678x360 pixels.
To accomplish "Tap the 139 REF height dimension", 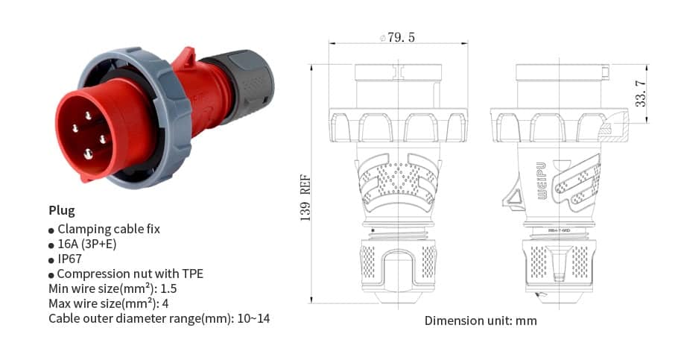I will point(305,197).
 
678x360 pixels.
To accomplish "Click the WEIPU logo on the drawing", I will point(542,180).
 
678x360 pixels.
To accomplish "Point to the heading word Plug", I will point(62,210).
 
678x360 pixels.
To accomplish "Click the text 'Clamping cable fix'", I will point(109,229).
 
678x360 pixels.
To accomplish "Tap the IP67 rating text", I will point(70,259).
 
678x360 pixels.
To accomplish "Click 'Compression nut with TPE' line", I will point(130,274).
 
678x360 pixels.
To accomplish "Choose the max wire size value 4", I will point(165,303).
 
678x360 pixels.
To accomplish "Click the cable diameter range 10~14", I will point(253,318).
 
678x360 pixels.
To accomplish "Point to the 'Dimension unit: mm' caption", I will point(481,320).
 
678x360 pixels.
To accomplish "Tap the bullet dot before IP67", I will point(51,260).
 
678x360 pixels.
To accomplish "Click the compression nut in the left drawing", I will point(398,269).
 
